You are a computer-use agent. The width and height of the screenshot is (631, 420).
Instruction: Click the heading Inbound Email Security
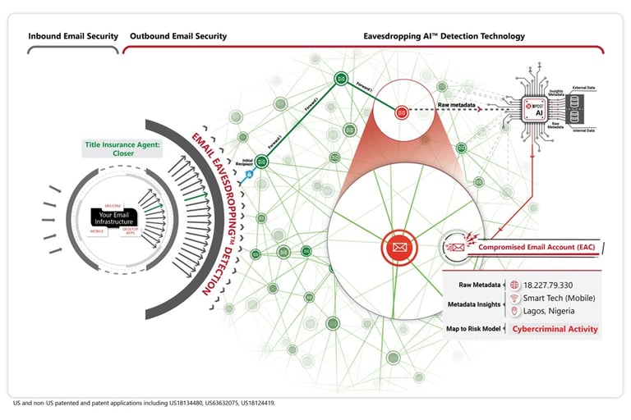73,36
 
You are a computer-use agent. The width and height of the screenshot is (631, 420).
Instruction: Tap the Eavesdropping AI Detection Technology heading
444,36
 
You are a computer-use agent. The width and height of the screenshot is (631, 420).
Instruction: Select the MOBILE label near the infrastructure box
97,231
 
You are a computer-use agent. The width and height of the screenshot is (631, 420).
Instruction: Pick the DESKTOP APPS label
130,232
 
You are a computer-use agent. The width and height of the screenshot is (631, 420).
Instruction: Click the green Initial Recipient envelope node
261,162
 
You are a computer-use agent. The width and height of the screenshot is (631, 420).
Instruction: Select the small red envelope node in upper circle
401,111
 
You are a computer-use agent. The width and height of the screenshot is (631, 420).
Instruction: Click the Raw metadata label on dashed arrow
457,105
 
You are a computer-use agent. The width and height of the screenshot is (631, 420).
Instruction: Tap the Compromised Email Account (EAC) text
537,247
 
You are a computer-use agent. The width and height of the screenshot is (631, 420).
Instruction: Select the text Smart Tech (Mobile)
559,298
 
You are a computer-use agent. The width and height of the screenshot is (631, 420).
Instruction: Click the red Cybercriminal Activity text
555,329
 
